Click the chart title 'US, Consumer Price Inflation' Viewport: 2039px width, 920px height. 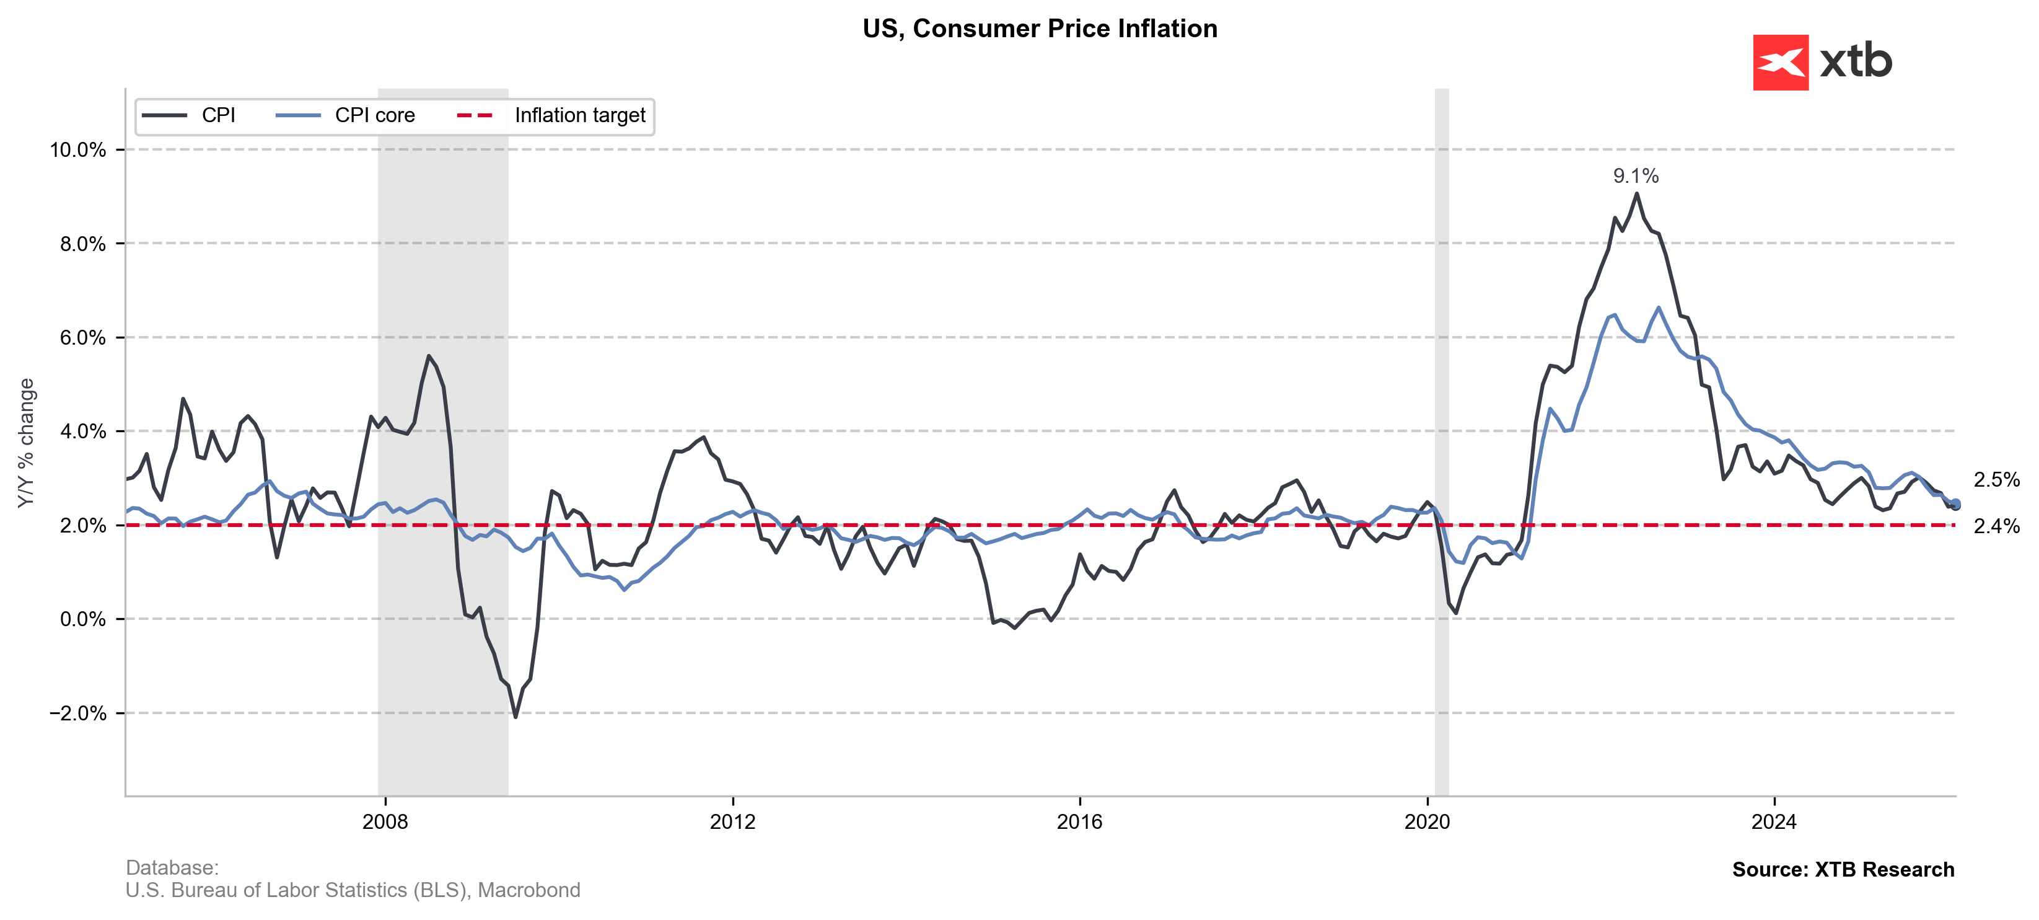(1039, 29)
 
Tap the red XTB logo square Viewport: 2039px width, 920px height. (1780, 62)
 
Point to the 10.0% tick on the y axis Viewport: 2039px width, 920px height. (77, 149)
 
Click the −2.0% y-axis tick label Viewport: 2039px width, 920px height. (77, 714)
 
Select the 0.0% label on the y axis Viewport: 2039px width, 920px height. (82, 619)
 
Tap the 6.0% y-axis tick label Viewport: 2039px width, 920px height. (82, 338)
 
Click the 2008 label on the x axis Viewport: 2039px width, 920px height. (385, 822)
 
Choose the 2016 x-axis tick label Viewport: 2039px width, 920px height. (1080, 822)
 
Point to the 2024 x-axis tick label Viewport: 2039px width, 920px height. (1774, 822)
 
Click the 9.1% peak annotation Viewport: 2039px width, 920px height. (1635, 176)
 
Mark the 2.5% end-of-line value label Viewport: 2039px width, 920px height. (1996, 480)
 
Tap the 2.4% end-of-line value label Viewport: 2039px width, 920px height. (1996, 526)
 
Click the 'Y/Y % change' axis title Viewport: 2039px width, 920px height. (26, 443)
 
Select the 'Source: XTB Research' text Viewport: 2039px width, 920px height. (1843, 869)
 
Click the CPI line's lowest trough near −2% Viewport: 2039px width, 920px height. (516, 717)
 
